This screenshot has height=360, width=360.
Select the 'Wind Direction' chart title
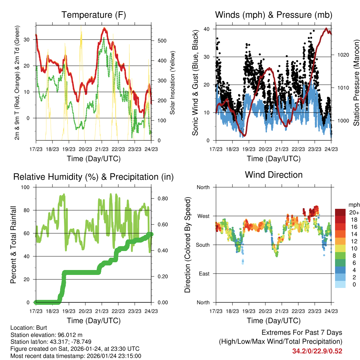(274, 175)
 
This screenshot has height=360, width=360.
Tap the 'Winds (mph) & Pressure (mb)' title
(274, 15)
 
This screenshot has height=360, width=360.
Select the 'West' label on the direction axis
(203, 216)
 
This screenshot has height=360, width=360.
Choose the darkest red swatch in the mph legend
(340, 212)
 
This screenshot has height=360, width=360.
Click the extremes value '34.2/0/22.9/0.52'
(317, 351)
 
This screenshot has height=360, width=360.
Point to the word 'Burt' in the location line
(37, 328)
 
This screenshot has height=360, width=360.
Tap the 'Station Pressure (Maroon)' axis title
(356, 83)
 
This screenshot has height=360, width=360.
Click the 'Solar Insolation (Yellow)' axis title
(173, 83)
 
